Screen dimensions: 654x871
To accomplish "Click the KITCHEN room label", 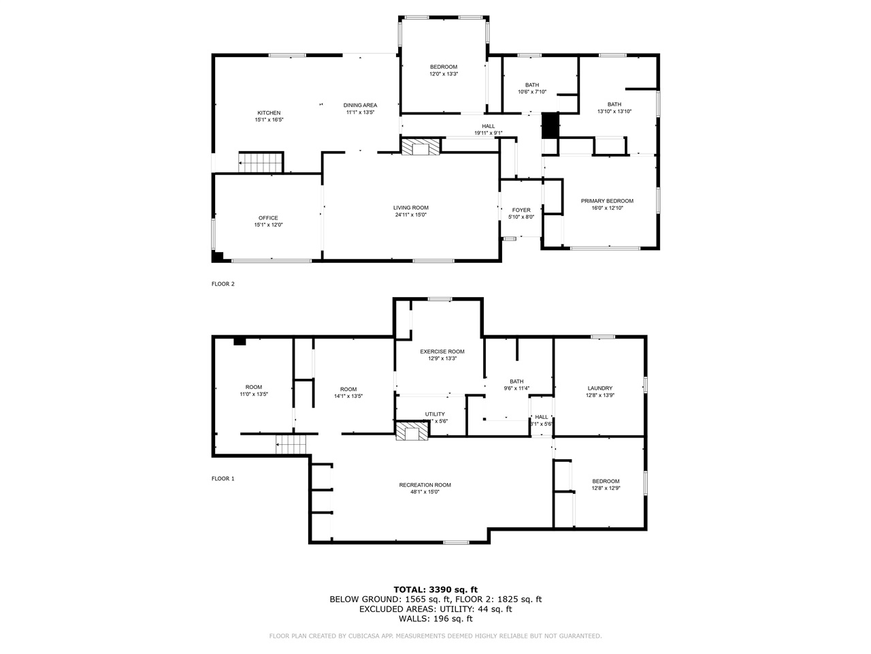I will pos(268,113).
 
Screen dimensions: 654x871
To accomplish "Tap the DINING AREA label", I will pos(360,105).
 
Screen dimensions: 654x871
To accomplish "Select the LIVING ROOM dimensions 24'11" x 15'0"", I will pos(410,215).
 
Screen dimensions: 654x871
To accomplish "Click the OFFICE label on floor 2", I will pos(268,218).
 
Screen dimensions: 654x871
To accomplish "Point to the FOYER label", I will pos(521,210).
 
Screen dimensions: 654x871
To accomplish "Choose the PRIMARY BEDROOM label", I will pos(607,201).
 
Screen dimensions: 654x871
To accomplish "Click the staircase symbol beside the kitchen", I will pos(260,163).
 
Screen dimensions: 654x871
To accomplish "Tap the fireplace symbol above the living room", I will pos(421,148).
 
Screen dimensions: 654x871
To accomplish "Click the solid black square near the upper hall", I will pos(550,125).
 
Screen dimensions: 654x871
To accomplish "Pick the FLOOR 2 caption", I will pos(223,284).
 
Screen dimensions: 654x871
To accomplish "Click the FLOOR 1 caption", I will pos(223,479).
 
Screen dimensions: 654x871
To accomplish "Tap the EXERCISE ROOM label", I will pos(442,352).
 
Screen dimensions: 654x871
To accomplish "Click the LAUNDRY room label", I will pos(599,388).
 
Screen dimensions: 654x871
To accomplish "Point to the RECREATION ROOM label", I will pos(425,485).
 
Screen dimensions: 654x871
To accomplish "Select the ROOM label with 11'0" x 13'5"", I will pos(253,387).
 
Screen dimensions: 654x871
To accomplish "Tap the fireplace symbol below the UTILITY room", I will pos(412,431).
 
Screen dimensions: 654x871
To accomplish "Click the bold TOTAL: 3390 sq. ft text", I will pos(435,589).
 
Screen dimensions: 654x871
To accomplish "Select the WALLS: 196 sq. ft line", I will pos(435,619).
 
